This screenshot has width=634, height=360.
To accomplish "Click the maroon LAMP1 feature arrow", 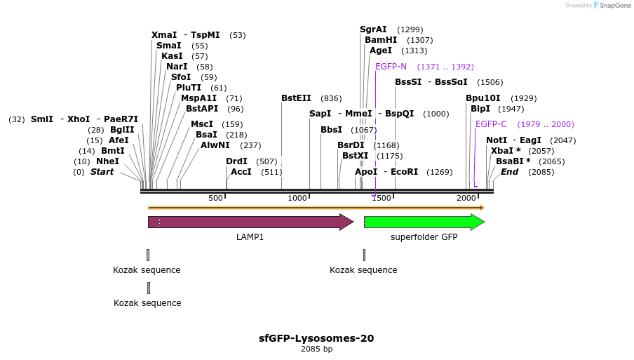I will tap(250, 222).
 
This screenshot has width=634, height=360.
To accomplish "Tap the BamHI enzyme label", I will tap(381, 40).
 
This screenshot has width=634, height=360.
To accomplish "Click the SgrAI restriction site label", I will tap(373, 29).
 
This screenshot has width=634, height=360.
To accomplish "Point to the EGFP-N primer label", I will tap(391, 67).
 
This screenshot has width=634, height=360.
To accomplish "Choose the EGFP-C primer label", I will tap(491, 124).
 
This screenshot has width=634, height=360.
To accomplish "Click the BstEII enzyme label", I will tap(297, 98).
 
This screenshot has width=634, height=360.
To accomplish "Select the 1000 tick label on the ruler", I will tap(298, 199).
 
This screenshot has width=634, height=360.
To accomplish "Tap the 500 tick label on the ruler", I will tap(215, 199).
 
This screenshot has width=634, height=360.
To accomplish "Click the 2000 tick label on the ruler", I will tap(466, 199).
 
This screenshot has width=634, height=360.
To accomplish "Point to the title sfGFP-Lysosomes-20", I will tap(316, 338).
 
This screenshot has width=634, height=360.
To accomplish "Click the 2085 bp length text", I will tap(316, 349).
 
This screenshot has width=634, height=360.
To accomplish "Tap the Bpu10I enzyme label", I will tap(483, 98).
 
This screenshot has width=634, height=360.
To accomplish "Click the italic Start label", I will tap(102, 172).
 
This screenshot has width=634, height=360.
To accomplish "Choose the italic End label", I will tap(509, 172).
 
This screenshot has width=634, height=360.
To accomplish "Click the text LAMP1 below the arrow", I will tap(250, 237).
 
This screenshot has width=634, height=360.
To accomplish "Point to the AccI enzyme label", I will tap(241, 172).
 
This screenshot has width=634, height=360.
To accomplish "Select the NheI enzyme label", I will tap(108, 161).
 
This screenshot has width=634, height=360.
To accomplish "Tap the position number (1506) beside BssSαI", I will tap(490, 82).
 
